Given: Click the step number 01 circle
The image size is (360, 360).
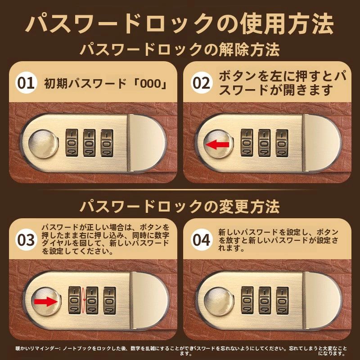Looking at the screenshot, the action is pyautogui.click(x=26, y=83).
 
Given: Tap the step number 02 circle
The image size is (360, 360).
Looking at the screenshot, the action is pyautogui.click(x=201, y=83).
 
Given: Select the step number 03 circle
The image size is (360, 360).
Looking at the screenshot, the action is pyautogui.click(x=26, y=240).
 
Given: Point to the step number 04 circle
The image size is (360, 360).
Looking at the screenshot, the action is pyautogui.click(x=201, y=240).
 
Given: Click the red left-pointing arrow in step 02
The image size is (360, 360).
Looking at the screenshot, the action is pyautogui.click(x=217, y=144).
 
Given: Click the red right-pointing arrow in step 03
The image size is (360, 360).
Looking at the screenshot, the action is pyautogui.click(x=45, y=301).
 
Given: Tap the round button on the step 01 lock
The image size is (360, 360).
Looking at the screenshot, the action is pyautogui.click(x=43, y=144).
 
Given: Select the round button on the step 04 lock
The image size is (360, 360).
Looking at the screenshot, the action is pyautogui.click(x=219, y=301).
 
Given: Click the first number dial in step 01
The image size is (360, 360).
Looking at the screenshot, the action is pyautogui.click(x=72, y=143).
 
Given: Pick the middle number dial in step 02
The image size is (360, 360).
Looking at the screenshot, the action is pyautogui.click(x=264, y=143).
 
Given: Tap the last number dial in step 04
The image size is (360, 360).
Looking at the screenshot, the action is pyautogui.click(x=283, y=300).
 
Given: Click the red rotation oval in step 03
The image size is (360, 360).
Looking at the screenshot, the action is pyautogui.click(x=83, y=300).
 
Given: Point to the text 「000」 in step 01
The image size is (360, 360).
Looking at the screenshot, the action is pyautogui.click(x=151, y=84).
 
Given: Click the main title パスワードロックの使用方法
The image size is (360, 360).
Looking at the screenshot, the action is pyautogui.click(x=180, y=24).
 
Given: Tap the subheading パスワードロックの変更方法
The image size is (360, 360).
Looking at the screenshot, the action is pyautogui.click(x=180, y=206).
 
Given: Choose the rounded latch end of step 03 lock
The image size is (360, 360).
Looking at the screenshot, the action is pyautogui.click(x=150, y=300).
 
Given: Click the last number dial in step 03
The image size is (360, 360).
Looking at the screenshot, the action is pyautogui.click(x=110, y=300).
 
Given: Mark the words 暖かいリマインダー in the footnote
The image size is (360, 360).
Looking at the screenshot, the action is pyautogui.click(x=37, y=348).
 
